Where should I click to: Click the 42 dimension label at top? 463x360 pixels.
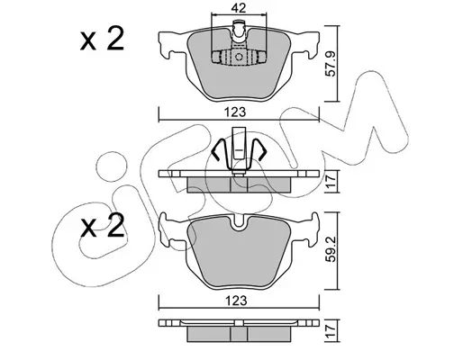(x=239, y=7)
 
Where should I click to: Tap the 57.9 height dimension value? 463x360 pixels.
(x=331, y=64)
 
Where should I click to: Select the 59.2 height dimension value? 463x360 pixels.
(x=331, y=249)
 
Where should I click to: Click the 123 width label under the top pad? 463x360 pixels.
(x=236, y=112)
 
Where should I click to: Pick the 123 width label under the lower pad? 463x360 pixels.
(x=237, y=301)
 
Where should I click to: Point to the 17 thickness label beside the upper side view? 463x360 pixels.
(x=331, y=182)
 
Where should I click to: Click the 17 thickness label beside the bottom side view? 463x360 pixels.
(x=331, y=330)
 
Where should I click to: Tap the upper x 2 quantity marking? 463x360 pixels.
(x=103, y=39)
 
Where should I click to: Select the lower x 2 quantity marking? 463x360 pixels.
(x=103, y=225)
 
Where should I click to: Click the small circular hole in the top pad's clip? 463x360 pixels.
(x=239, y=57)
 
